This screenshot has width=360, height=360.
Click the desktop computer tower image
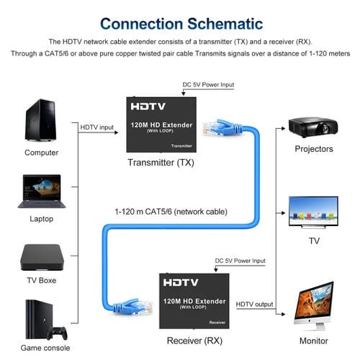pos(41,120)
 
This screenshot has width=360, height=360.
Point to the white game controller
pos(56,332)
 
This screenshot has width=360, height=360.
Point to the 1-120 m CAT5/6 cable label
pos(171,212)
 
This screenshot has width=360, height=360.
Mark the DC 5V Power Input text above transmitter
pos(209,84)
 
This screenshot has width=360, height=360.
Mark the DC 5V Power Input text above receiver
pos(240,261)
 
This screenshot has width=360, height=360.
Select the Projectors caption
pos(314,149)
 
